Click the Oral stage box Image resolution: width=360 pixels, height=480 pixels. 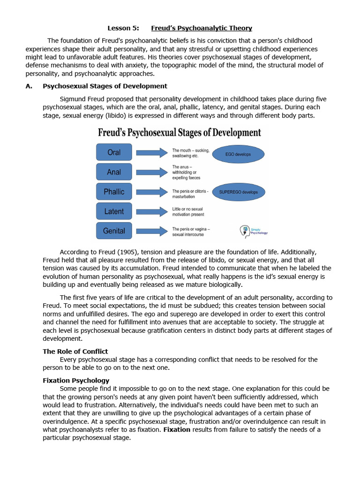coord(114,152)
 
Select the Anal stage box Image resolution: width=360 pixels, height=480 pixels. coord(114,172)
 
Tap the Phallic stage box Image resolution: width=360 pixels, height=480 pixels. coord(114,192)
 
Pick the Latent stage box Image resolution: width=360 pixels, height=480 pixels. coord(114,211)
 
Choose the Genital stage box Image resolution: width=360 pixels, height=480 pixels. coord(114,231)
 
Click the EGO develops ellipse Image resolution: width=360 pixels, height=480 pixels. coord(238,154)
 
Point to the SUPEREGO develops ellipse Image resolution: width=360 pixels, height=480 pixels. coord(238,192)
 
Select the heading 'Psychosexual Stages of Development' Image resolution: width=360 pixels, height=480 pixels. coord(105,86)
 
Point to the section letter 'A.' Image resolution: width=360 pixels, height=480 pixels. coord(29,86)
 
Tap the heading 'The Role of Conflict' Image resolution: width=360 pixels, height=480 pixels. coord(75,351)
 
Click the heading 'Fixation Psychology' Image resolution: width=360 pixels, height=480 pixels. coord(76,380)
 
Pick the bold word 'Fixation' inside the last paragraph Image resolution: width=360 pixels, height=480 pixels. coord(177,430)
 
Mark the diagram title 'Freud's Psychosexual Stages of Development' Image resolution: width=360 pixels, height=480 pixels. coord(179,133)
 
